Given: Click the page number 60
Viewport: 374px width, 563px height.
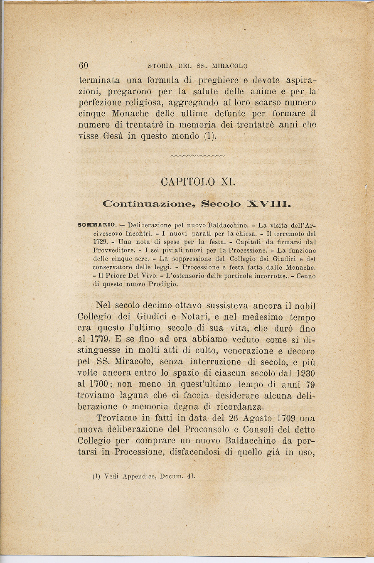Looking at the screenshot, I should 83,66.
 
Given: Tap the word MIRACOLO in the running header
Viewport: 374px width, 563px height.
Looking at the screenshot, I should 229,66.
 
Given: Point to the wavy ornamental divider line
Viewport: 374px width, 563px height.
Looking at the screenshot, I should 197,156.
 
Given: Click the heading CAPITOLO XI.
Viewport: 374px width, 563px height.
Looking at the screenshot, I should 197,182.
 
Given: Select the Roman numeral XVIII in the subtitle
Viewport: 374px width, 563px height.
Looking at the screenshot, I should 268,204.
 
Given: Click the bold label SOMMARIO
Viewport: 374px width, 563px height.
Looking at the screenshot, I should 97,225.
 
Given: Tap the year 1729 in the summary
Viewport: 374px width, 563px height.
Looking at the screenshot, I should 100,242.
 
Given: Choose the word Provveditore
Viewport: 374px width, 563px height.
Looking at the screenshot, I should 113,251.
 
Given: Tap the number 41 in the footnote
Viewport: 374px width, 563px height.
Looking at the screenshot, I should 191,477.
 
